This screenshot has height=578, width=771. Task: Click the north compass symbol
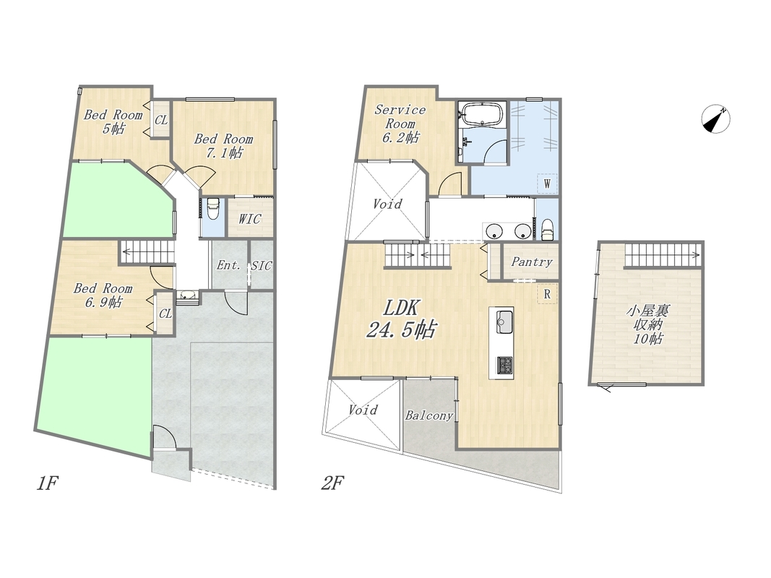click(x=715, y=119)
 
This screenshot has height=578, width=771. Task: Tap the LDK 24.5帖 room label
click(x=401, y=319)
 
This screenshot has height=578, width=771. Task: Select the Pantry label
click(x=532, y=262)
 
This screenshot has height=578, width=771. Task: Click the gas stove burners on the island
click(x=505, y=365)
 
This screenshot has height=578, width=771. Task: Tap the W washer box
click(x=547, y=185)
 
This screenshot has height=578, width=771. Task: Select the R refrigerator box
click(x=547, y=294)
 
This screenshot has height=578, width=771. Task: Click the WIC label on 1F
click(x=249, y=219)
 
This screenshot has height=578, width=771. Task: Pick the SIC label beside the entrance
click(x=261, y=266)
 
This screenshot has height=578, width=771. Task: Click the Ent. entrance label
click(x=228, y=265)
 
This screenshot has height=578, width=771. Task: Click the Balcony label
click(x=428, y=416)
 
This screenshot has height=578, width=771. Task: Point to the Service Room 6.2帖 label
click(x=400, y=124)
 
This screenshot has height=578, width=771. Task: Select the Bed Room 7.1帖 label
click(x=224, y=146)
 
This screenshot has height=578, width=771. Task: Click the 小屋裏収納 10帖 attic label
click(x=648, y=324)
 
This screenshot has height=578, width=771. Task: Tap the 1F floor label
click(x=47, y=483)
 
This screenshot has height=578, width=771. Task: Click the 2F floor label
click(x=332, y=483)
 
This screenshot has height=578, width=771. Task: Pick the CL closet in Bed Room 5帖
click(x=161, y=119)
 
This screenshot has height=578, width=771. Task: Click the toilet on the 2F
click(x=547, y=228)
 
